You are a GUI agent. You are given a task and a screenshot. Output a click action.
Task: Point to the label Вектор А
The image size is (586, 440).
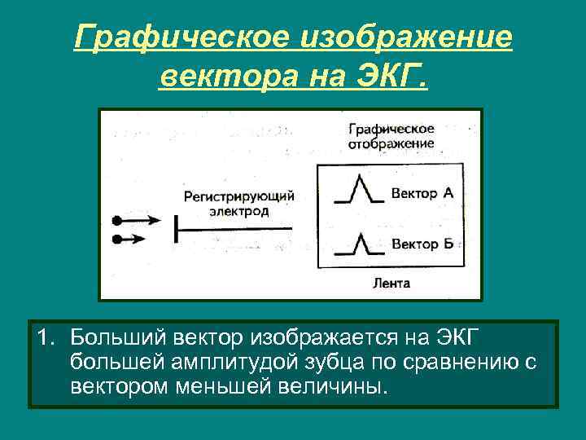(422, 193)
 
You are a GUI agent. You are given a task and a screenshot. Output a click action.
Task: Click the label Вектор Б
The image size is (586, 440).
(422, 243)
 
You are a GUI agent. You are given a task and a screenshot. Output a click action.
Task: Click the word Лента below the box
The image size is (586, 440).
(391, 284)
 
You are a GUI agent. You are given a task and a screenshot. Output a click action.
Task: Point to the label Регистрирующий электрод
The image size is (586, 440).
(238, 203)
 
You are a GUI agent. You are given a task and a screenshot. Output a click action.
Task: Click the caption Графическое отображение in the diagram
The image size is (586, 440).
(391, 136)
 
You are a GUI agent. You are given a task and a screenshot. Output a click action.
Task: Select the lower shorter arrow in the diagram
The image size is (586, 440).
(130, 240)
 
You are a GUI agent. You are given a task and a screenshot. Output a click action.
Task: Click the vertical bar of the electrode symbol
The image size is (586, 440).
(175, 230)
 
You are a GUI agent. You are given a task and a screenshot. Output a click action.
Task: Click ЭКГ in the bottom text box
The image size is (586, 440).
(482, 337)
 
